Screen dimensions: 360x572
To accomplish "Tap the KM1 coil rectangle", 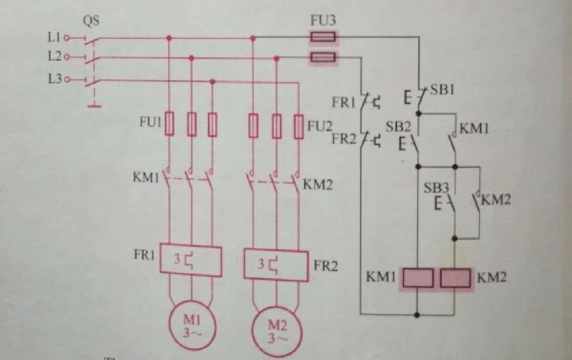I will (417, 277).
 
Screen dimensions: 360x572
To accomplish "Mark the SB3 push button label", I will (435, 187).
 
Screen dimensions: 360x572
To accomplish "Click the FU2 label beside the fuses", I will (319, 127).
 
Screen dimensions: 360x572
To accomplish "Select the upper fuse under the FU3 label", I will (321, 37).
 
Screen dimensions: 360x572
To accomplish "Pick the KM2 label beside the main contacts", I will (316, 183).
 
